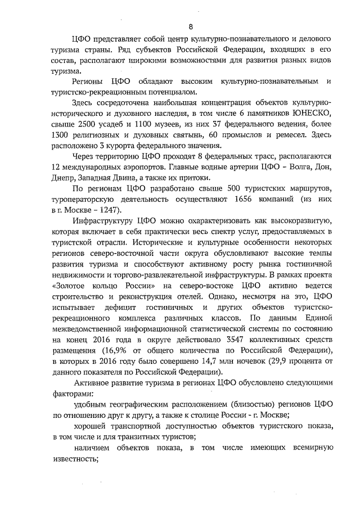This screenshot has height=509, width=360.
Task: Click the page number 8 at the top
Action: click(191, 26)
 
